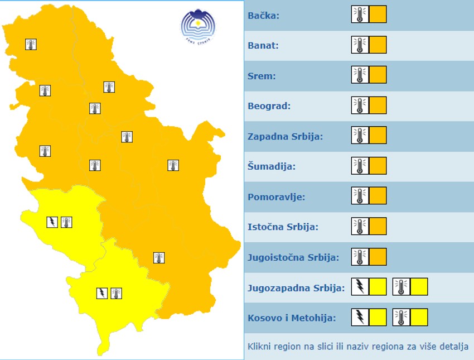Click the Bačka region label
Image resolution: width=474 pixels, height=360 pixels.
point(263,15)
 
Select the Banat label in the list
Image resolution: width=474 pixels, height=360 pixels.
point(263,45)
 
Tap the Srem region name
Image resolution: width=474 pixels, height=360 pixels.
point(262,75)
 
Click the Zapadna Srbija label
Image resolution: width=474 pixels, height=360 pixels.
point(285,136)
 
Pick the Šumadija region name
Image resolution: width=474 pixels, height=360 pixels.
point(271,166)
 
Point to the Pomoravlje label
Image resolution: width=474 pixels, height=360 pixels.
point(276,196)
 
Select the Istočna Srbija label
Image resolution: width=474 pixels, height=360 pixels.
point(282,227)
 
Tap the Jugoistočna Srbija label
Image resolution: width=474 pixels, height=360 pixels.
point(293,257)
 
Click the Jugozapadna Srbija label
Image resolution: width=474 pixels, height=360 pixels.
point(296,288)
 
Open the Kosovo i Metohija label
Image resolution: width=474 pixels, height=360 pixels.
point(291,318)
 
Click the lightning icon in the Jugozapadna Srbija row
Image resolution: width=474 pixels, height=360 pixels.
point(360,287)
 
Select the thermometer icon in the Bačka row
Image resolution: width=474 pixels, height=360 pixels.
point(360,14)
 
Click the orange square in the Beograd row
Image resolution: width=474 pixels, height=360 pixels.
point(378,105)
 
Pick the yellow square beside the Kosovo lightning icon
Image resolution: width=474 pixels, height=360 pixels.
point(378,317)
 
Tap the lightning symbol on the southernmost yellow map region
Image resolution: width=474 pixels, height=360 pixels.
point(102,293)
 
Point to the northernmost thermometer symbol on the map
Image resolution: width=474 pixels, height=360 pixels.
point(31,44)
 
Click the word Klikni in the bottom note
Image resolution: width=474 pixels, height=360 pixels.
point(259,346)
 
